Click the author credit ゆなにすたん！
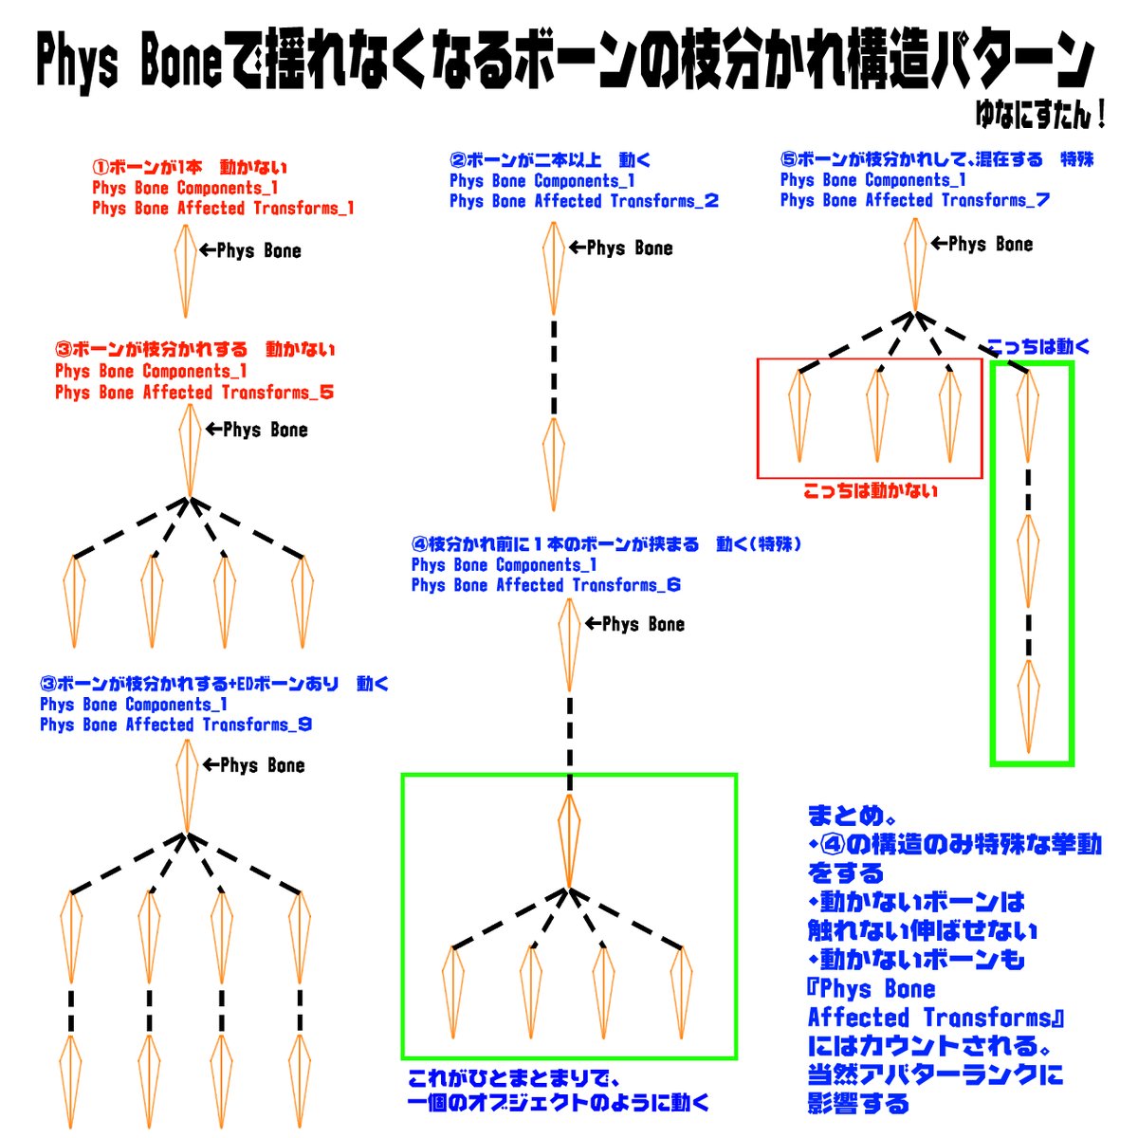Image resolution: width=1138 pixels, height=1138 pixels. coord(1040,115)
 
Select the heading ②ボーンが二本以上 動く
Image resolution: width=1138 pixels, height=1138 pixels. coord(550,160)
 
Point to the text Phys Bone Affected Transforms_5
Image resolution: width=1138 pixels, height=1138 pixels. coord(193,393)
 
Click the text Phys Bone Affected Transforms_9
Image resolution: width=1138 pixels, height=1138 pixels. coord(175,725)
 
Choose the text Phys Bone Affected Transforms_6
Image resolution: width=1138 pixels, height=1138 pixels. coord(545,586)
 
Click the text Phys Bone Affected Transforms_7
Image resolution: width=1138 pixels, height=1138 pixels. coord(914,200)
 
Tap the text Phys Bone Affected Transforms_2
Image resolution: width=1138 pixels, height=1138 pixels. coord(583,201)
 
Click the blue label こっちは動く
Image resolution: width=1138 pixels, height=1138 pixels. coord(1037,347)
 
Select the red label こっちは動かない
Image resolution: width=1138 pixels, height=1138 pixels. coord(870,490)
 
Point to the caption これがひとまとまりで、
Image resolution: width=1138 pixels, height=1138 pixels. coord(513,1080)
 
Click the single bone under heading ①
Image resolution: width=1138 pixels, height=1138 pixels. coord(185,271)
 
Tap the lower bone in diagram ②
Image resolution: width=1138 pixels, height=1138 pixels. coord(554,465)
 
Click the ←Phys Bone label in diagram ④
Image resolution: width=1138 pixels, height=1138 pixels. coord(634,624)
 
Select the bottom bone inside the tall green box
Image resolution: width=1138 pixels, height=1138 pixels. coord(1029,707)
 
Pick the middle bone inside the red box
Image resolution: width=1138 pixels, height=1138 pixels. coord(877,416)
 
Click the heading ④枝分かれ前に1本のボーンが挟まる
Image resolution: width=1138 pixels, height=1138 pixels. coord(607,544)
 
